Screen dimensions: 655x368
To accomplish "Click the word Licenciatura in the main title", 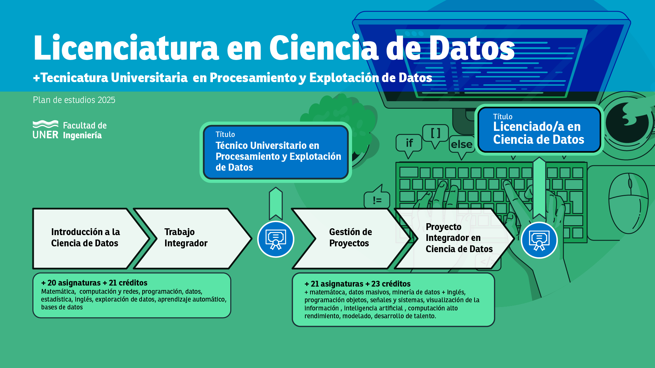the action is tap(126, 48).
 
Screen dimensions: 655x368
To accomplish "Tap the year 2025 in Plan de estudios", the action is tap(106, 100).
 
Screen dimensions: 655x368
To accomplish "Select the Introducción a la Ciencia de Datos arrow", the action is tap(91, 239).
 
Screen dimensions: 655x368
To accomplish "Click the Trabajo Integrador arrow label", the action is tap(186, 237).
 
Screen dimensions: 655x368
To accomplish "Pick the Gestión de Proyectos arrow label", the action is tap(350, 237).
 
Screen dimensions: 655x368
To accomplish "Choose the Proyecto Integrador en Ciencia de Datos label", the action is tap(459, 238).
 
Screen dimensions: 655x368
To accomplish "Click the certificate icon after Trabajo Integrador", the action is tap(276, 239).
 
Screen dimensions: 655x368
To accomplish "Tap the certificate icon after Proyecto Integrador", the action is tap(539, 240).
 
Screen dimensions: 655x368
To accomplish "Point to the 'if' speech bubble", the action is tap(409, 143).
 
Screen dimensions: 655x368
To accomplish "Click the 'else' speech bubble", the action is tap(462, 145).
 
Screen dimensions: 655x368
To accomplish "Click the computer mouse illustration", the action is tap(628, 203).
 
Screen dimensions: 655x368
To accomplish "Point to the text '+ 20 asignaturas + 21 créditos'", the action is tap(94, 283).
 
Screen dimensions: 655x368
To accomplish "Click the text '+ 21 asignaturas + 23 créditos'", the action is tap(358, 284).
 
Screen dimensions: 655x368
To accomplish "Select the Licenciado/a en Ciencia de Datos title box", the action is tap(539, 130).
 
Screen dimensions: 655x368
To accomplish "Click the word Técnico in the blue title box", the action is tap(232, 145).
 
